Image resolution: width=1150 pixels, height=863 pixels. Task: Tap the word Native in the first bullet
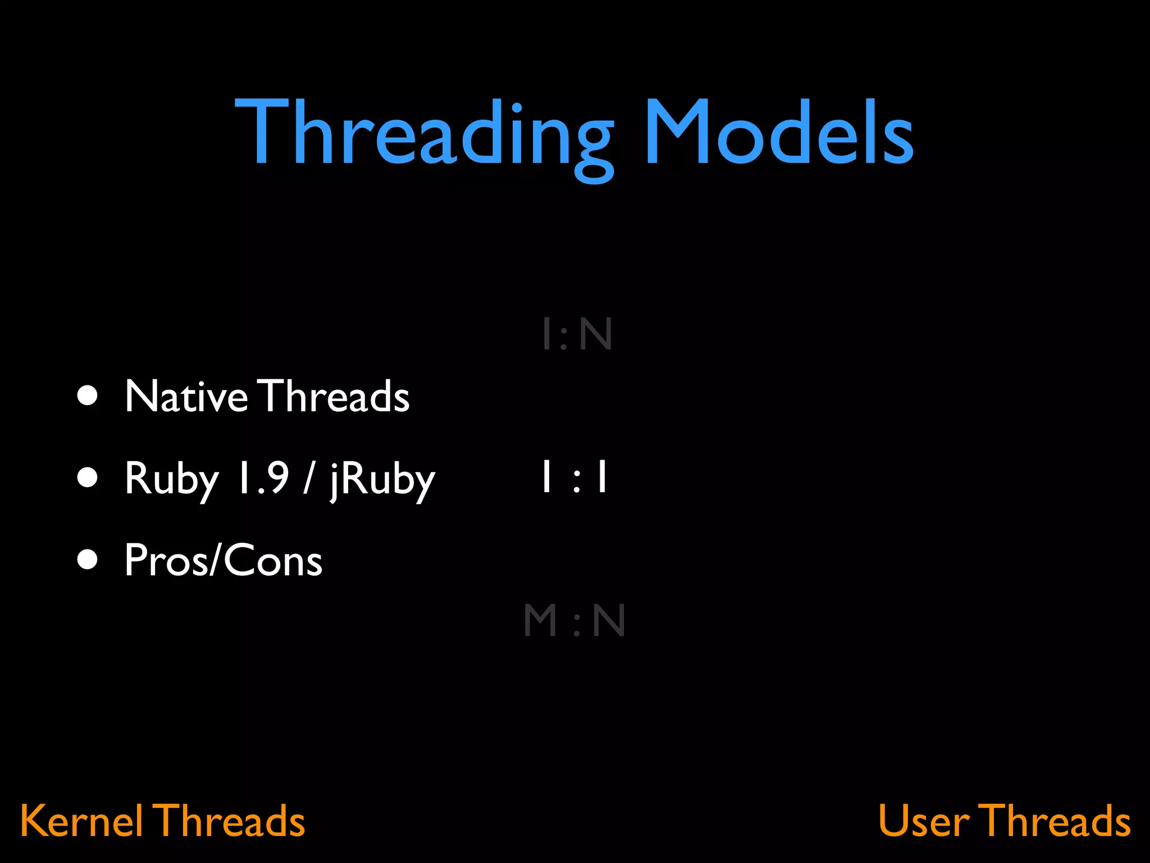pos(186,396)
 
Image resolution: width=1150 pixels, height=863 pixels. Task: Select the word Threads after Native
pos(335,396)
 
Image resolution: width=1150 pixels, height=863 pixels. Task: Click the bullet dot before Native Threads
pos(88,395)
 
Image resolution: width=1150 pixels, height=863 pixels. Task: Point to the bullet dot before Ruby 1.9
pos(88,478)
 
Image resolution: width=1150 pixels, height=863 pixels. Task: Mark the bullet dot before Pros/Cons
pos(88,560)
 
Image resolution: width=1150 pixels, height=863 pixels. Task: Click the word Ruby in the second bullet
pos(171,479)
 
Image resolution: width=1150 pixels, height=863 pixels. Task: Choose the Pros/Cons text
pos(223,560)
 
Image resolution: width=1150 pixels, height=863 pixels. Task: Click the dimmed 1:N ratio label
pos(577,334)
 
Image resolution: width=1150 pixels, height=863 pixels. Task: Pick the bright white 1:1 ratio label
pos(574,477)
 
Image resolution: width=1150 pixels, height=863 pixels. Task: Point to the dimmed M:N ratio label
pos(574,620)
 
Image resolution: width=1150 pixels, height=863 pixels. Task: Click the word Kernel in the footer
pos(81,821)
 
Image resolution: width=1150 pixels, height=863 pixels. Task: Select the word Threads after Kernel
pos(229,821)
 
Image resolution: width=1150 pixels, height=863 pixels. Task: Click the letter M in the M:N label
pos(540,620)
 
